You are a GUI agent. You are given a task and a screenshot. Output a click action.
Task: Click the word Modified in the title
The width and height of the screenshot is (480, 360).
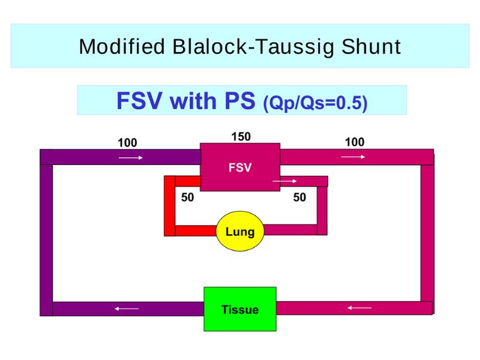tap(122, 47)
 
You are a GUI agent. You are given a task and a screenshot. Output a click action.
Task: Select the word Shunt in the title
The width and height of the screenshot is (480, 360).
tap(371, 47)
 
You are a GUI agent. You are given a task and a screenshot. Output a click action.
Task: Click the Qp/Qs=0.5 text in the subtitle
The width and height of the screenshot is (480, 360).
tap(316, 103)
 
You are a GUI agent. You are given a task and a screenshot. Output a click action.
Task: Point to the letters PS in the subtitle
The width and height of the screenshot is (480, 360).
tap(239, 100)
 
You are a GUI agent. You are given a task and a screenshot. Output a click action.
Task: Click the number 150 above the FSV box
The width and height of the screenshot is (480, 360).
tap(241, 137)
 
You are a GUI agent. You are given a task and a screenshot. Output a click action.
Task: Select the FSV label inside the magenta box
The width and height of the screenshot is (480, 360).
tap(240, 167)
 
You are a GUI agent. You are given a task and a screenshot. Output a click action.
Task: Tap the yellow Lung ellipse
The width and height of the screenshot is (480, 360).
tap(240, 231)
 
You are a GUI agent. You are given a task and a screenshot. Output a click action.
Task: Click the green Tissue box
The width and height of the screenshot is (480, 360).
tap(240, 309)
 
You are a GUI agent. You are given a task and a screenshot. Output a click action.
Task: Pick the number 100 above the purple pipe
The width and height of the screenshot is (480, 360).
tap(127, 143)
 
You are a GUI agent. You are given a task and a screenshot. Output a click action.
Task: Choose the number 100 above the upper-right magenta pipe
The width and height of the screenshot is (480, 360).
tap(355, 142)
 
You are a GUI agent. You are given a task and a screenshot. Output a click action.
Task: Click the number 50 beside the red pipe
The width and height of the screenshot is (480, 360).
tap(187, 197)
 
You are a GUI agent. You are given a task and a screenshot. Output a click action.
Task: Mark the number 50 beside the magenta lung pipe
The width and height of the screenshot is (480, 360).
tap(299, 197)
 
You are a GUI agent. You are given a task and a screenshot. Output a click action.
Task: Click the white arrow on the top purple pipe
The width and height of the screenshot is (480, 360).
tap(131, 158)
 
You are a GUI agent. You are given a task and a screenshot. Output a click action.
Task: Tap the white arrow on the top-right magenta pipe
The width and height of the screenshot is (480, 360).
tap(353, 157)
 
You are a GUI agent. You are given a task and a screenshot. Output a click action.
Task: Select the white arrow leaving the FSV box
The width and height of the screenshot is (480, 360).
tap(284, 181)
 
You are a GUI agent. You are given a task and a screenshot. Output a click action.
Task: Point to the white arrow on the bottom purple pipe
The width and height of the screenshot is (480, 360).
tap(127, 308)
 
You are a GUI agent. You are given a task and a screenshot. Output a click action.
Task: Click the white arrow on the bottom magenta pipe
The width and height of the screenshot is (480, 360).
tap(359, 308)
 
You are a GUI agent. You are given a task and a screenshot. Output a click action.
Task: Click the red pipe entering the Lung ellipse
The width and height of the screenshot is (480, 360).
tap(196, 230)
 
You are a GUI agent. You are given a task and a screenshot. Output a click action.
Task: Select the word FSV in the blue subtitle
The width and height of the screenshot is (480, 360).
tap(139, 100)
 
